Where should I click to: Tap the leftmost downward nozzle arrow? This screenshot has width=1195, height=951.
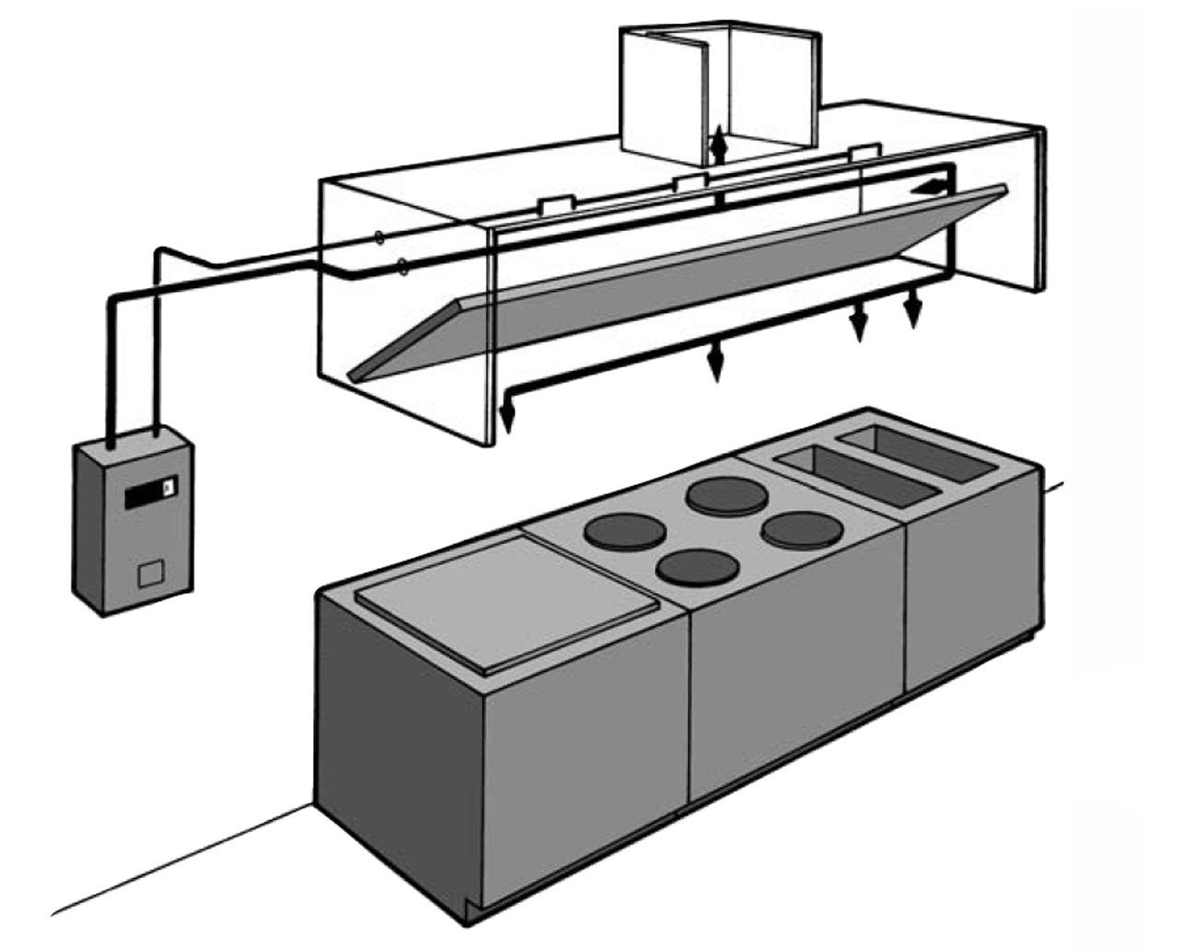[506, 416]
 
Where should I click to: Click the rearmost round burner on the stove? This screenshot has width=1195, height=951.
[727, 497]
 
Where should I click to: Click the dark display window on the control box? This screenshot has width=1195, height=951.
[149, 493]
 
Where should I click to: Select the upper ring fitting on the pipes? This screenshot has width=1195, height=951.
[378, 238]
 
